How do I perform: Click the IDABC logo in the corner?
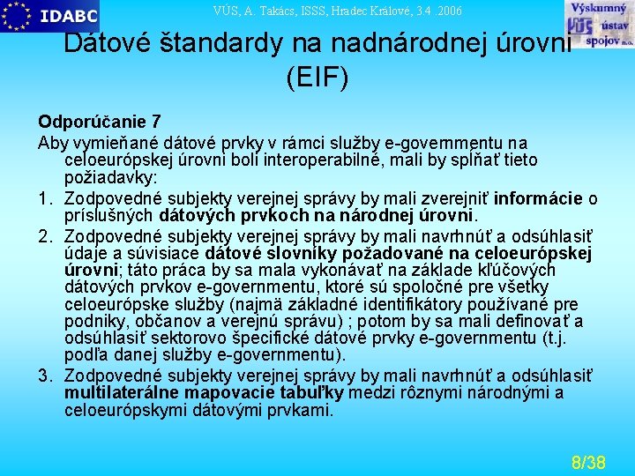[x=50, y=16]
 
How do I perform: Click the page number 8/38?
[x=588, y=462]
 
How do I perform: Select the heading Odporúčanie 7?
[x=99, y=122]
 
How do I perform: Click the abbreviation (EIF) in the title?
[x=317, y=78]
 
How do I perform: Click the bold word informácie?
[x=538, y=197]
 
